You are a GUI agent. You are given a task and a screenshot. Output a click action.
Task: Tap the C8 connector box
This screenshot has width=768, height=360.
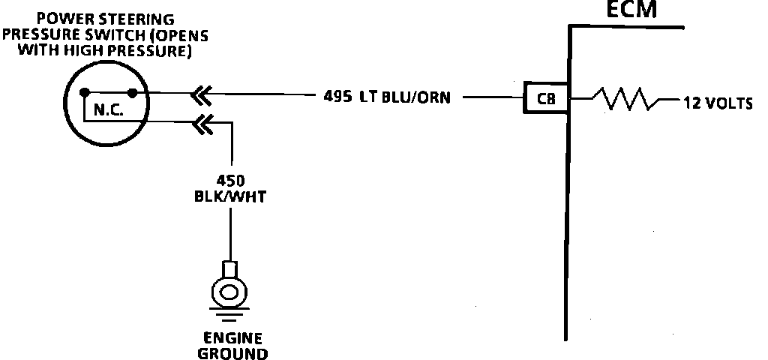[x=546, y=97]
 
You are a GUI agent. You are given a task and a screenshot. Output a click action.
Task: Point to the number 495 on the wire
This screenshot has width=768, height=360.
[x=337, y=97]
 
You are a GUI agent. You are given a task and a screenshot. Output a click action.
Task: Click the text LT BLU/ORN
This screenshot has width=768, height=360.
[x=405, y=97]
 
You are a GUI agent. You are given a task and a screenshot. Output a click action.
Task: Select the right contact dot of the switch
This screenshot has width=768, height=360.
[x=133, y=93]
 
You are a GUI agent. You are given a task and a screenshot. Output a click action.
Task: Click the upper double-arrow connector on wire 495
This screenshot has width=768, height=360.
[x=200, y=94]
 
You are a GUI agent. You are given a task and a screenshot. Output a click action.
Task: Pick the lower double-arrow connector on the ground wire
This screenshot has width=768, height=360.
[x=200, y=122]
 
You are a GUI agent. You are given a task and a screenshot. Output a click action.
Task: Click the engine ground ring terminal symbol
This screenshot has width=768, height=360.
[x=231, y=288]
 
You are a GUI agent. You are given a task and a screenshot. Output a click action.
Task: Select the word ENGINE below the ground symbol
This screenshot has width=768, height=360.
[x=232, y=337]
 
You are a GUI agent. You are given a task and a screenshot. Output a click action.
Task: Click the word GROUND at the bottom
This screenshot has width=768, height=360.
[x=232, y=352]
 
